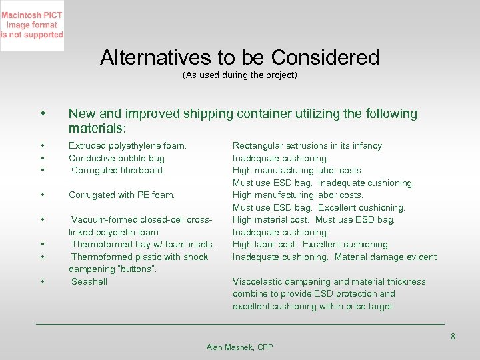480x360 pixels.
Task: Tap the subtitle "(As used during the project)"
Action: tap(240, 75)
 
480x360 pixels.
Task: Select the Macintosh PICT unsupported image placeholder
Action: tap(32, 26)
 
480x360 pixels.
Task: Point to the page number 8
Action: tap(453, 337)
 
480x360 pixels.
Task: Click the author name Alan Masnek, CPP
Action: tap(240, 347)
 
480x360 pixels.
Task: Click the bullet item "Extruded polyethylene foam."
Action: tap(127, 145)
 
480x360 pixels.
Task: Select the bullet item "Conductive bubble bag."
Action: tap(117, 158)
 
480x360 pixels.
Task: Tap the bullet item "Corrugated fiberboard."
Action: tap(118, 171)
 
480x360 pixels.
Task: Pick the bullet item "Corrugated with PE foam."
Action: tap(121, 195)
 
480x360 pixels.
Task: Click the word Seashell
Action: tap(89, 281)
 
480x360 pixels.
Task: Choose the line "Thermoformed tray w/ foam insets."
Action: tap(143, 245)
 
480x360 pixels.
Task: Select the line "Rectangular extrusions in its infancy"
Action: tap(307, 145)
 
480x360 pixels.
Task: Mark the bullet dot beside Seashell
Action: tap(42, 281)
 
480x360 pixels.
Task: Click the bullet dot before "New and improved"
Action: tap(42, 114)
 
